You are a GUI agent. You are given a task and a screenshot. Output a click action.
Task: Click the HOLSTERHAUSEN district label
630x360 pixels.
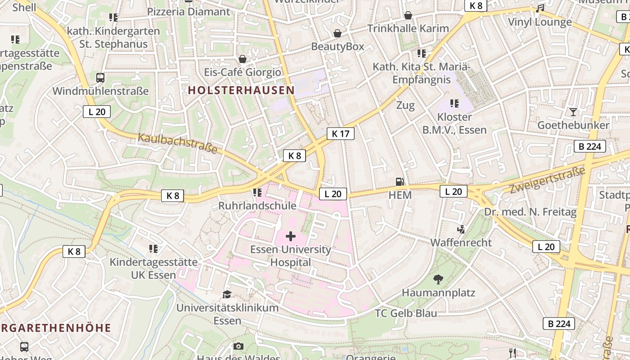tap(241, 90)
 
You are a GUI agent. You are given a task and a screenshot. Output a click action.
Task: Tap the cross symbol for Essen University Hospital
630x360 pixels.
tap(291, 236)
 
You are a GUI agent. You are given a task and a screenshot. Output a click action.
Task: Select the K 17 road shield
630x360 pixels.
tap(341, 134)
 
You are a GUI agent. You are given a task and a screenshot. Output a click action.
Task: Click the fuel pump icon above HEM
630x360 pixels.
tap(400, 182)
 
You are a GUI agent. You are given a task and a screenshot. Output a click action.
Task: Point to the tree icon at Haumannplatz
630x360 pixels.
tap(438, 279)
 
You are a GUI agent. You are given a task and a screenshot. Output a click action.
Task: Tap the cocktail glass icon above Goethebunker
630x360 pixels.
tap(573, 112)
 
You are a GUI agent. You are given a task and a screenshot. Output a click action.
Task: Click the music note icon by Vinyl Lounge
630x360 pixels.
tap(540, 9)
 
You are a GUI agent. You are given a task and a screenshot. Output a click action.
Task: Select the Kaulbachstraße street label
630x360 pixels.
tap(178, 144)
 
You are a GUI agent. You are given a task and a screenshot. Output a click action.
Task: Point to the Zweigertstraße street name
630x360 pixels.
tap(548, 180)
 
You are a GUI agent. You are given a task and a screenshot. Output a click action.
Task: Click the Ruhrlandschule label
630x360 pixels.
tap(257, 206)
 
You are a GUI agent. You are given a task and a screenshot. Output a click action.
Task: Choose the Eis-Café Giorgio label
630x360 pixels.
tap(243, 72)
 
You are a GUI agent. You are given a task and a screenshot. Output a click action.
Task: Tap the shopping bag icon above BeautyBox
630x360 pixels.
tap(337, 33)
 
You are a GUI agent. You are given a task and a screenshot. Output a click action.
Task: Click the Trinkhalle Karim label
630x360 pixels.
tap(408, 28)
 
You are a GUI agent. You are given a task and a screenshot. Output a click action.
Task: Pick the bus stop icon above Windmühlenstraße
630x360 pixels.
tap(100, 77)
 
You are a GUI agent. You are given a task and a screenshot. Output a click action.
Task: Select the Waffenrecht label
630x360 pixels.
tap(461, 243)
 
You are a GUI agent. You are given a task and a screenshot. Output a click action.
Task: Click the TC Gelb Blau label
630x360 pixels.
tap(406, 313)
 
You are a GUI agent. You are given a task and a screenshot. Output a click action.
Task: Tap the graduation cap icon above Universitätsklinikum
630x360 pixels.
tap(227, 294)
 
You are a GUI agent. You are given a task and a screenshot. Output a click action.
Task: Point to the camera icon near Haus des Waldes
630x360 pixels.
tap(238, 346)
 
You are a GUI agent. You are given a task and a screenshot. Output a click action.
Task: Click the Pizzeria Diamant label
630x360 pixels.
tap(189, 12)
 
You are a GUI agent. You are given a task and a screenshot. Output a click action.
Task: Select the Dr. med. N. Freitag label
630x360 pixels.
tap(531, 212)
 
